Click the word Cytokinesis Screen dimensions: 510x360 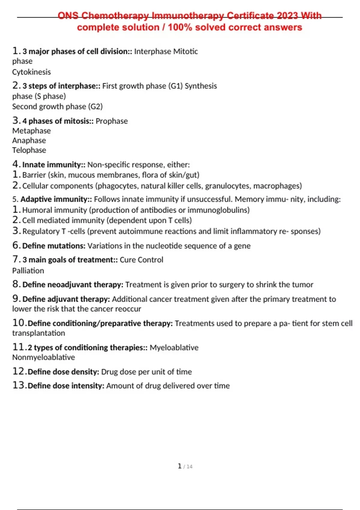[31, 72]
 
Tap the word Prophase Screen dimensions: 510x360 [112, 121]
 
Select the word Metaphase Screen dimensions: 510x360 [31, 131]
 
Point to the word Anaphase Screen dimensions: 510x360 [29, 140]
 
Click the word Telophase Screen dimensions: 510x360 [29, 150]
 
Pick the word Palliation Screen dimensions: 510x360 [28, 271]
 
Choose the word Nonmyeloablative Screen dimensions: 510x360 [43, 357]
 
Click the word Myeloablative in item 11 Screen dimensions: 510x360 [174, 347]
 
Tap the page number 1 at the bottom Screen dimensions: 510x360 [180, 466]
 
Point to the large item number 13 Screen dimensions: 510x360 [18, 385]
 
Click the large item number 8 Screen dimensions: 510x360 [16, 284]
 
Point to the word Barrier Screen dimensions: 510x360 [34, 175]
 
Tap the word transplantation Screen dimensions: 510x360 [38, 333]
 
